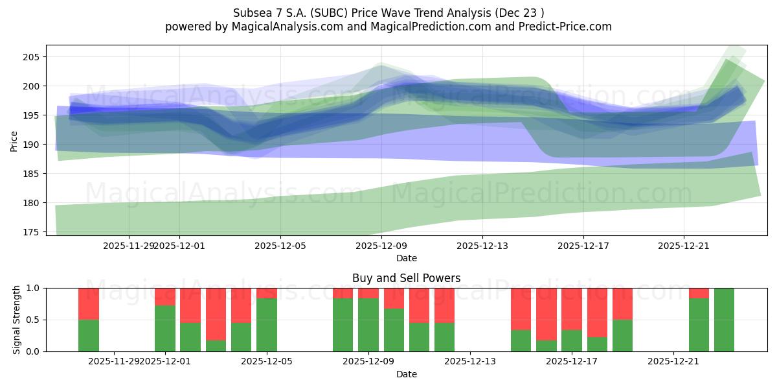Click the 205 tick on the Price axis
point(32,57)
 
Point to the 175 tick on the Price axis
point(32,232)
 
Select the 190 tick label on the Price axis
point(32,145)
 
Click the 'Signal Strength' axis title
point(17,320)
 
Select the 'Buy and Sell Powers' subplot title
point(406,278)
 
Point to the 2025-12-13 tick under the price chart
point(482,246)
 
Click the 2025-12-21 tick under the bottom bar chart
point(673,362)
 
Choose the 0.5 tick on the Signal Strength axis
point(32,320)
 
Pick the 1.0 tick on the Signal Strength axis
point(32,288)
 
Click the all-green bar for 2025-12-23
point(724,320)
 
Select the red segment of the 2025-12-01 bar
point(165,296)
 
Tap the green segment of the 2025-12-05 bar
point(267,325)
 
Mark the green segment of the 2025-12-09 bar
point(368,325)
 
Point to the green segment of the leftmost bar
point(89,336)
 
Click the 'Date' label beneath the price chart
point(406,258)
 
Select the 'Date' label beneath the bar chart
point(406,374)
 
